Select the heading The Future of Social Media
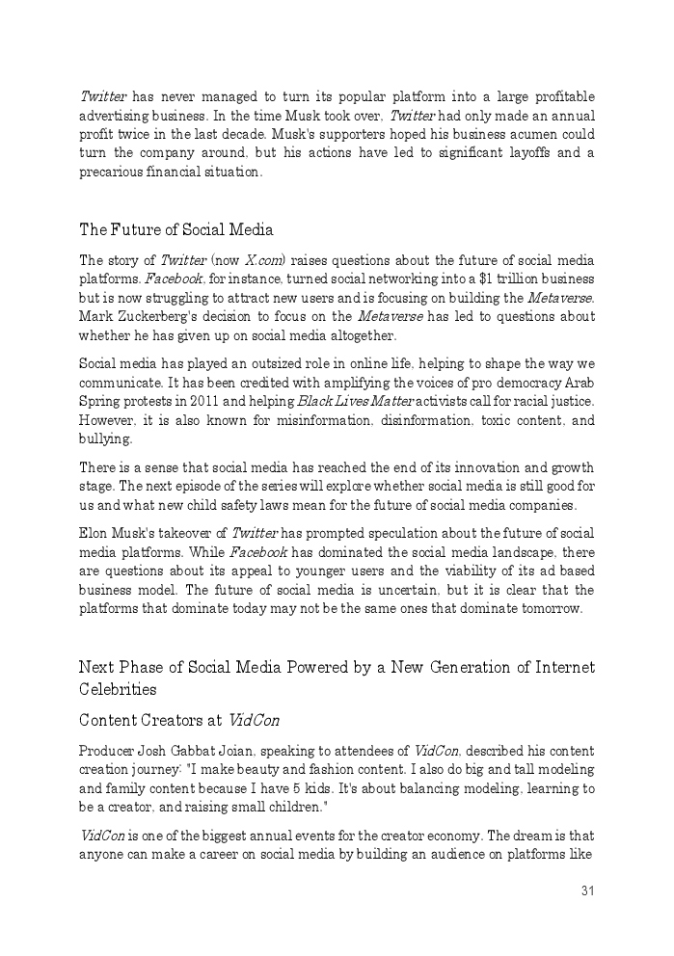175,230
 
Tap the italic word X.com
263,261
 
